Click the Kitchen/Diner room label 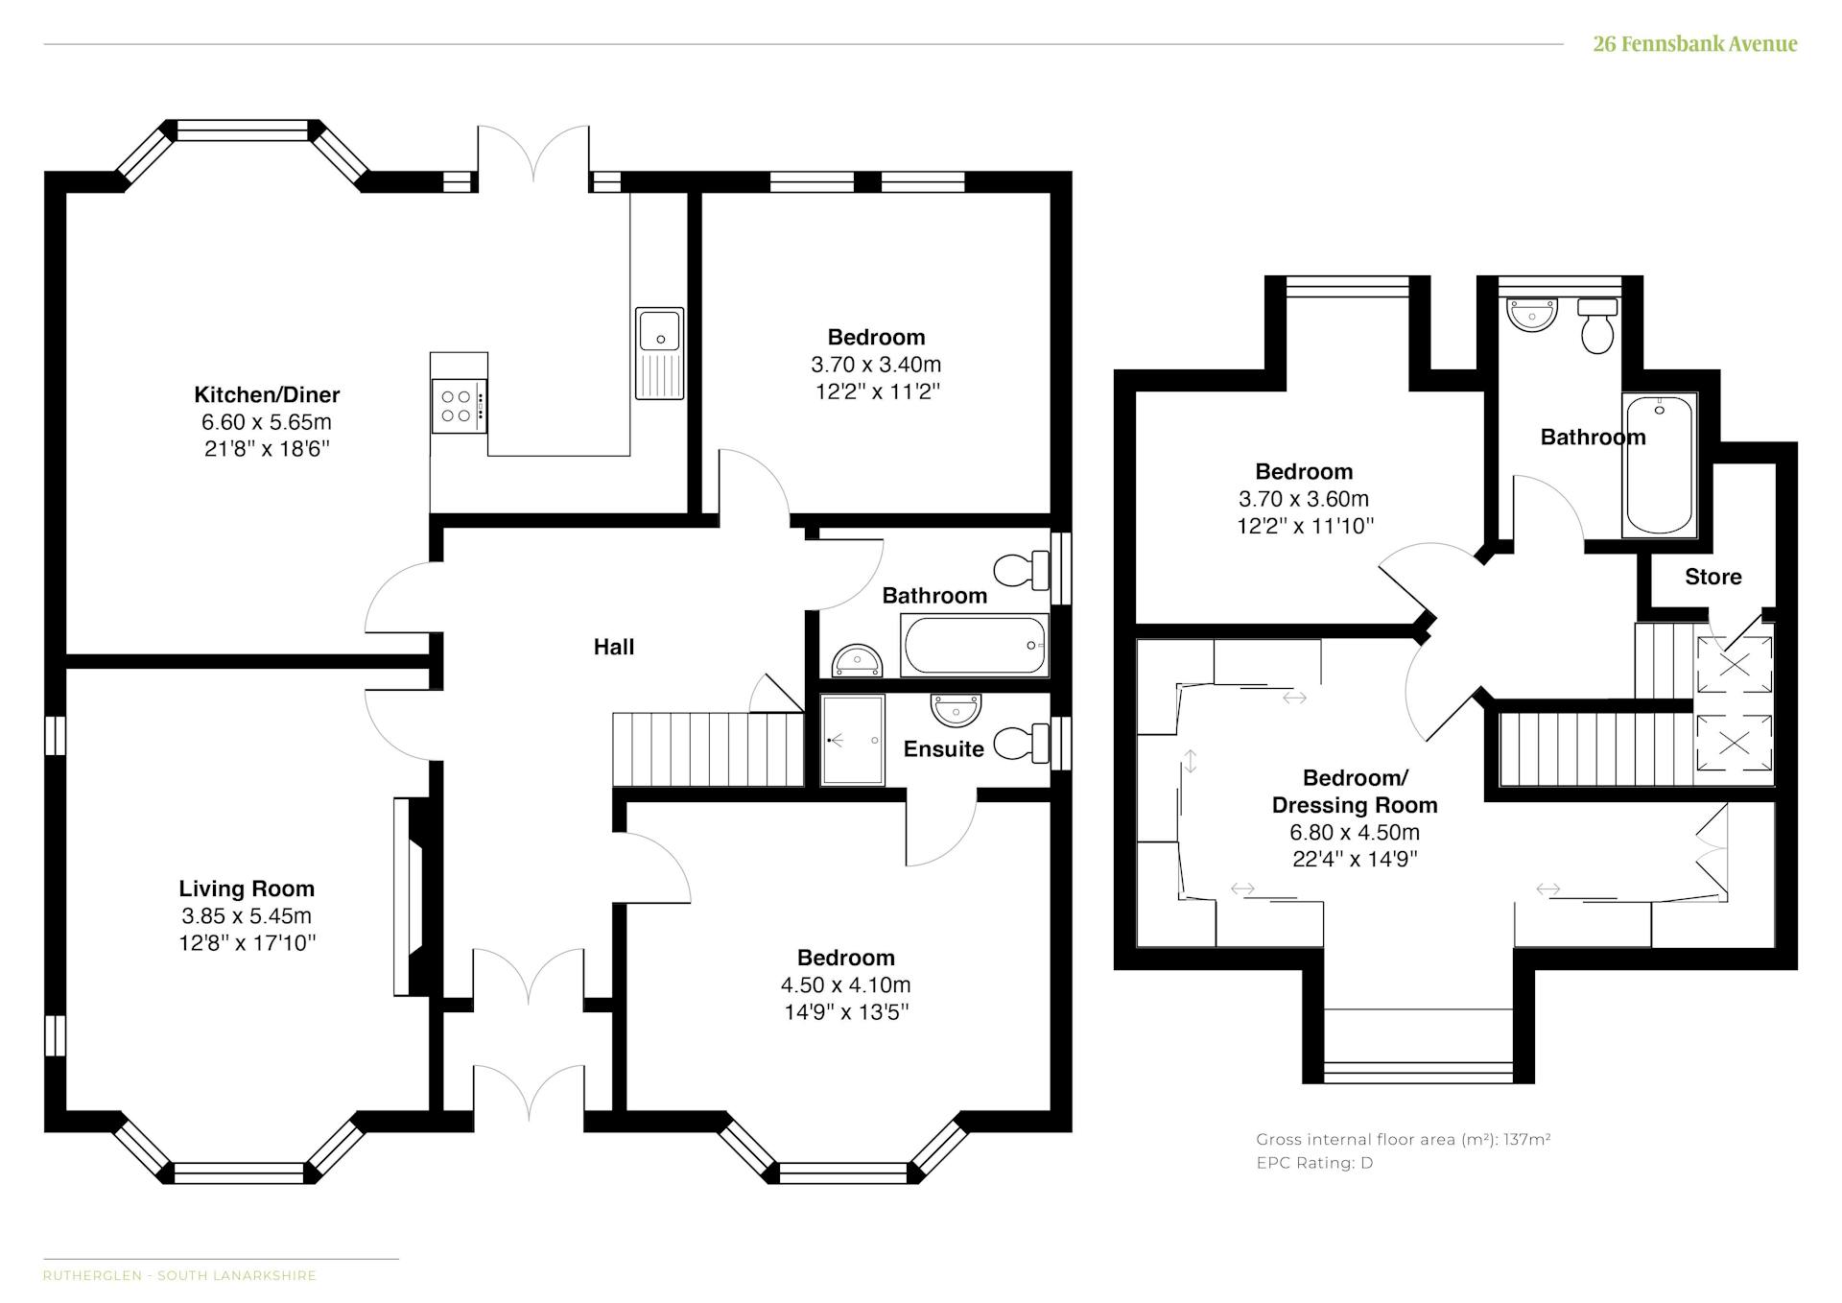click(267, 394)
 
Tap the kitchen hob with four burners click(459, 406)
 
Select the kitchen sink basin click(659, 329)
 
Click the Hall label click(614, 647)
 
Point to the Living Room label click(247, 888)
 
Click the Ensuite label click(944, 748)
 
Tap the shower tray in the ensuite click(853, 741)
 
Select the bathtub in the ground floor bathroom click(975, 646)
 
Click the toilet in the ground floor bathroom click(1022, 571)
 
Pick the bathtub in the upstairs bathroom click(1660, 464)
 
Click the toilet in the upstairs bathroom click(1597, 326)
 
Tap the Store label click(1713, 577)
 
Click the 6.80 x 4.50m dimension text click(1355, 832)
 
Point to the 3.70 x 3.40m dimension click(876, 365)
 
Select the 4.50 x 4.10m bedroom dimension click(846, 984)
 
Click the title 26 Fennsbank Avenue click(1695, 44)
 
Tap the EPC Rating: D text click(1314, 1163)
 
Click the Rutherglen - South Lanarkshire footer click(179, 1275)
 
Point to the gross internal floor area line click(1404, 1140)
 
